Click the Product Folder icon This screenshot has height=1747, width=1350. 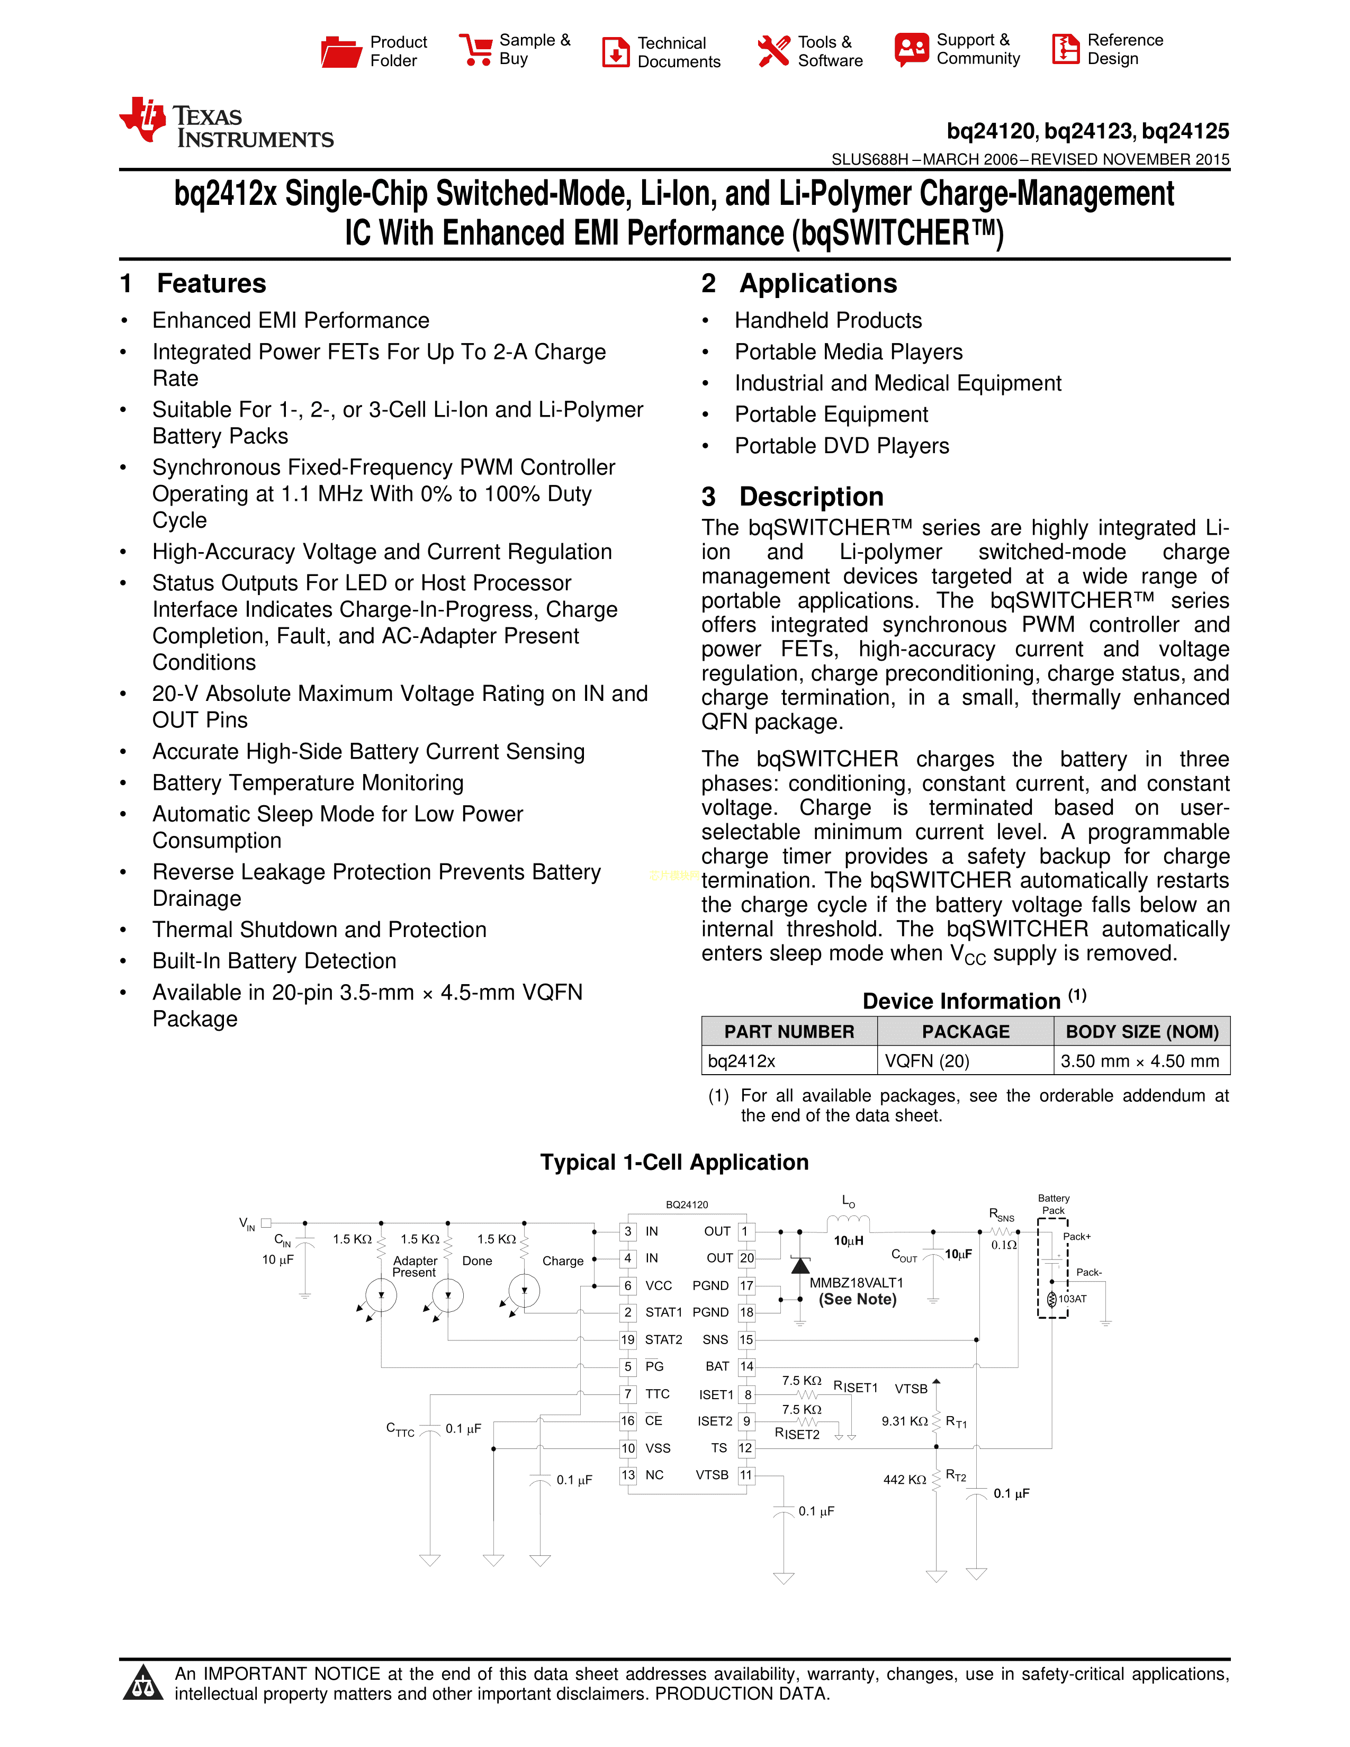[x=341, y=52]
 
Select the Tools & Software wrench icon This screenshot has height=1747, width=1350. [x=773, y=51]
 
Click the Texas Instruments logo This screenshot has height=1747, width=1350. [x=227, y=124]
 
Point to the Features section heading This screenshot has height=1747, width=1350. [x=211, y=284]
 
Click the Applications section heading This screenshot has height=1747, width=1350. [x=817, y=284]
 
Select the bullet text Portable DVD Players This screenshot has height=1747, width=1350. [x=841, y=446]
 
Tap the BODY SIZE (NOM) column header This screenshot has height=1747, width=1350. [x=1141, y=1032]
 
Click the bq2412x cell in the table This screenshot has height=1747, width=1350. [x=741, y=1061]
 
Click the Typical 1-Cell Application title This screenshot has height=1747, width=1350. [x=674, y=1162]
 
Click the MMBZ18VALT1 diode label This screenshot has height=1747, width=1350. [x=856, y=1283]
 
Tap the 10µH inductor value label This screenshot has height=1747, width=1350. [x=849, y=1241]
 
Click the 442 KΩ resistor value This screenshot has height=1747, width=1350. [x=905, y=1480]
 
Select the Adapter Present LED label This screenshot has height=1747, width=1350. [x=415, y=1266]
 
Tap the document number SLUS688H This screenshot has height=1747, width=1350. [x=870, y=159]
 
